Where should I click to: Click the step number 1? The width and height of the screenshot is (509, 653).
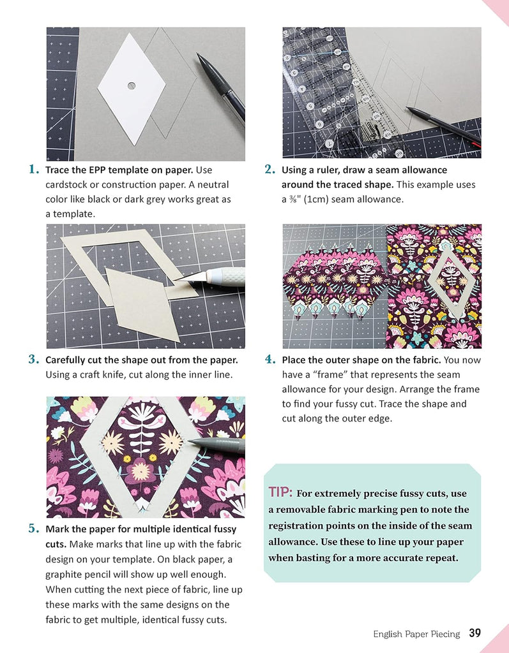pyautogui.click(x=34, y=170)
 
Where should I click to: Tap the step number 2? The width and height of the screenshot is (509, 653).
pyautogui.click(x=270, y=170)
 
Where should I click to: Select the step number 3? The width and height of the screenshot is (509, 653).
pyautogui.click(x=34, y=360)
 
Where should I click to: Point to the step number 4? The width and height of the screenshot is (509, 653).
pyautogui.click(x=270, y=360)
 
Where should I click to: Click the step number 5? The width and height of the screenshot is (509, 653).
pyautogui.click(x=34, y=529)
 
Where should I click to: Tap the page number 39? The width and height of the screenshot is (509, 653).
pyautogui.click(x=475, y=633)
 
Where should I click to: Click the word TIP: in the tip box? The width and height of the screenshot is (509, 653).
pyautogui.click(x=281, y=492)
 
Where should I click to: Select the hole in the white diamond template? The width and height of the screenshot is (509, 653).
pyautogui.click(x=131, y=85)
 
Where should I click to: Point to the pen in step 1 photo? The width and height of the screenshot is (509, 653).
pyautogui.click(x=220, y=86)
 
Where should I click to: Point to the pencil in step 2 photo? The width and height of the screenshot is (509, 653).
pyautogui.click(x=441, y=124)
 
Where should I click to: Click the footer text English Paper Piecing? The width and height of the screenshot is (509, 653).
pyautogui.click(x=416, y=634)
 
